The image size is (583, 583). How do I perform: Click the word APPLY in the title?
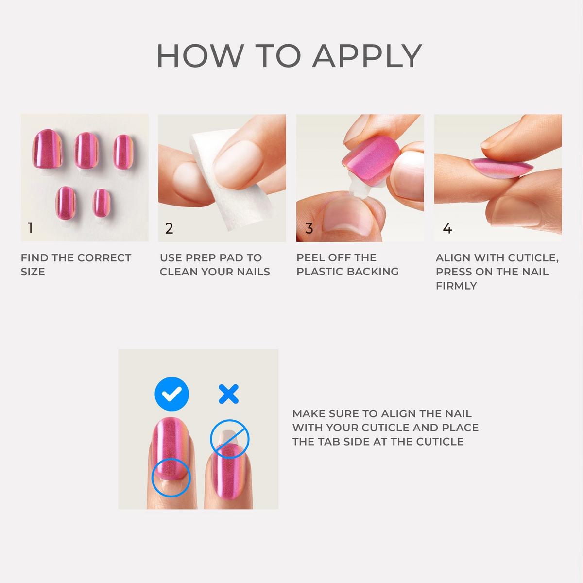pyautogui.click(x=367, y=56)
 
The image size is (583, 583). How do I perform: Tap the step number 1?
pyautogui.click(x=30, y=228)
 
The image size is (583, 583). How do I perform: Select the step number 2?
pyautogui.click(x=169, y=228)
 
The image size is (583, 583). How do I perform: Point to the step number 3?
pyautogui.click(x=309, y=228)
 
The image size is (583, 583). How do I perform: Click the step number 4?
pyautogui.click(x=447, y=228)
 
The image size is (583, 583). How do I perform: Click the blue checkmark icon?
pyautogui.click(x=171, y=394)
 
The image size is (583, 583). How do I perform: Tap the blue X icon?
pyautogui.click(x=228, y=394)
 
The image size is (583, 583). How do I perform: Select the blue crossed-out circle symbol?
pyautogui.click(x=229, y=439)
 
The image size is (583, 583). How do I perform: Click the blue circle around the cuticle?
pyautogui.click(x=170, y=479)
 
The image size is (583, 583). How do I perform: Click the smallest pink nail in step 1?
pyautogui.click(x=102, y=203)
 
